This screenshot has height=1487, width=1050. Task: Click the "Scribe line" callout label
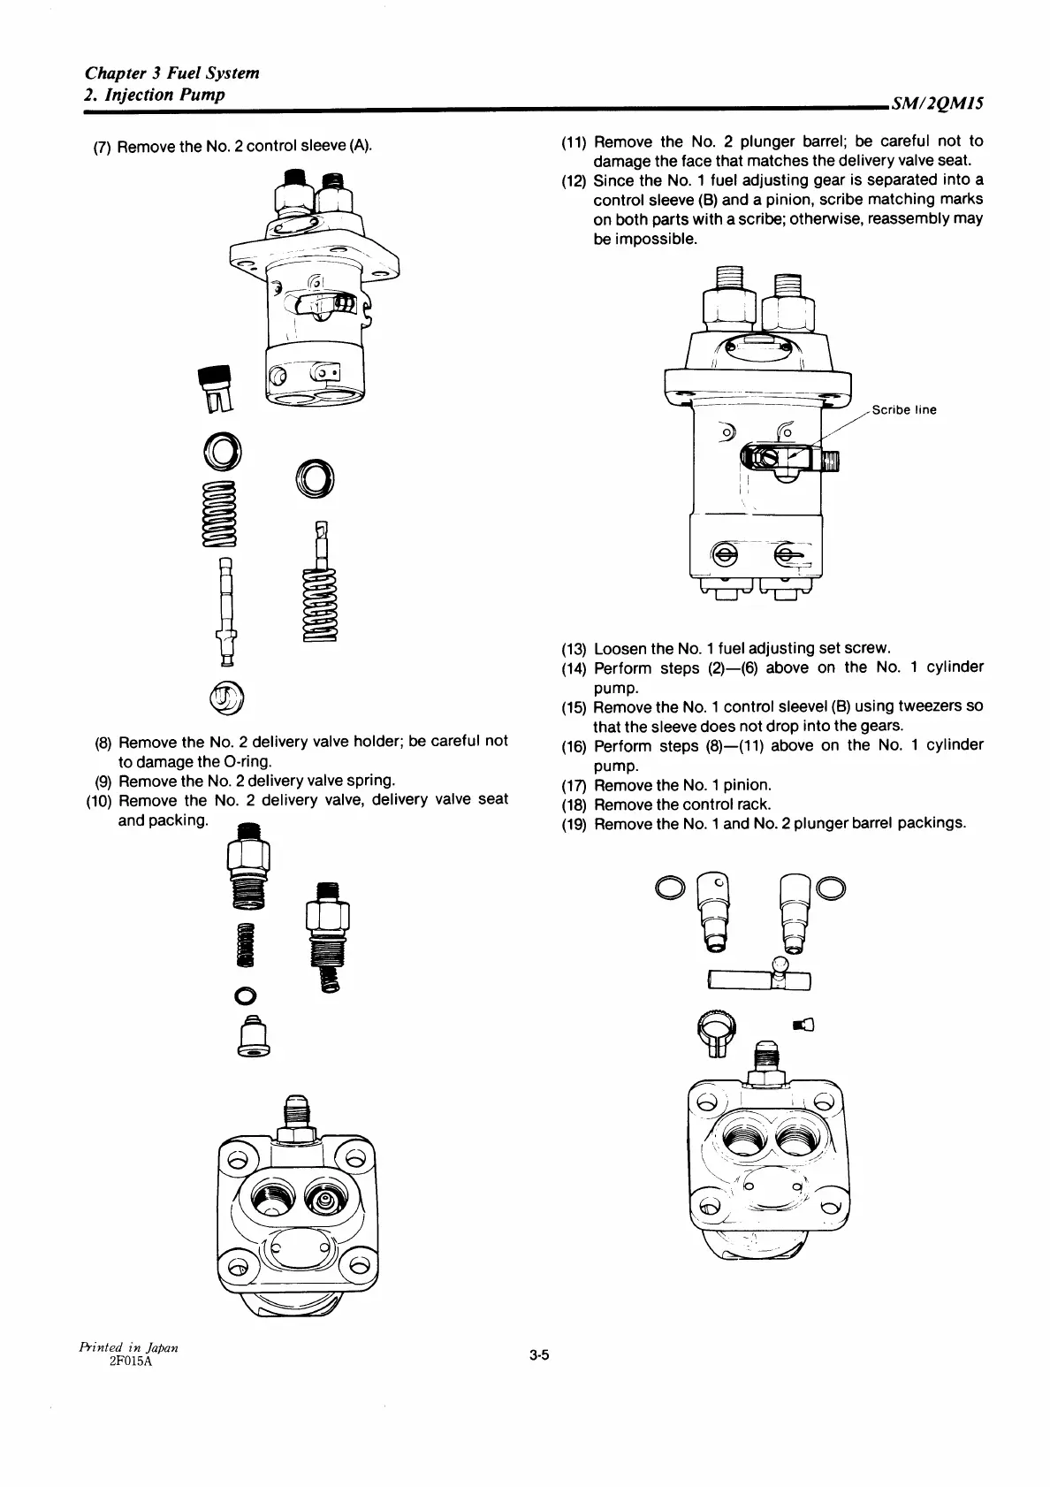pos(903,410)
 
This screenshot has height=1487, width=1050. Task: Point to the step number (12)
pos(574,181)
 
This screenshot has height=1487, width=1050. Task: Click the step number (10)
pos(97,800)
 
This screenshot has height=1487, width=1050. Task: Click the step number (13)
pos(574,648)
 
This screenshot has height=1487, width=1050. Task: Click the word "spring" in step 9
pos(369,780)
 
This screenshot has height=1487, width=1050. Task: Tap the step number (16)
pos(574,746)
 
